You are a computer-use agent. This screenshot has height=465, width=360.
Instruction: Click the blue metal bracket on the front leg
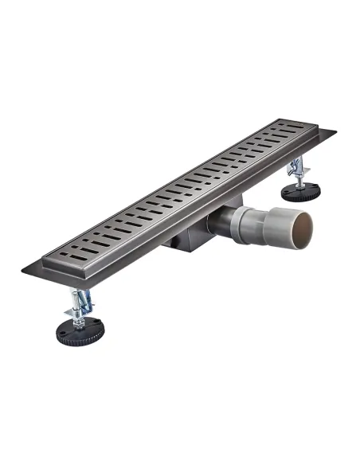coord(82,302)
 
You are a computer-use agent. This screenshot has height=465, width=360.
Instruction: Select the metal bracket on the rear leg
coord(297,168)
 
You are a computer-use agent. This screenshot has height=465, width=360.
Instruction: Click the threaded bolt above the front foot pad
coord(80,315)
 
